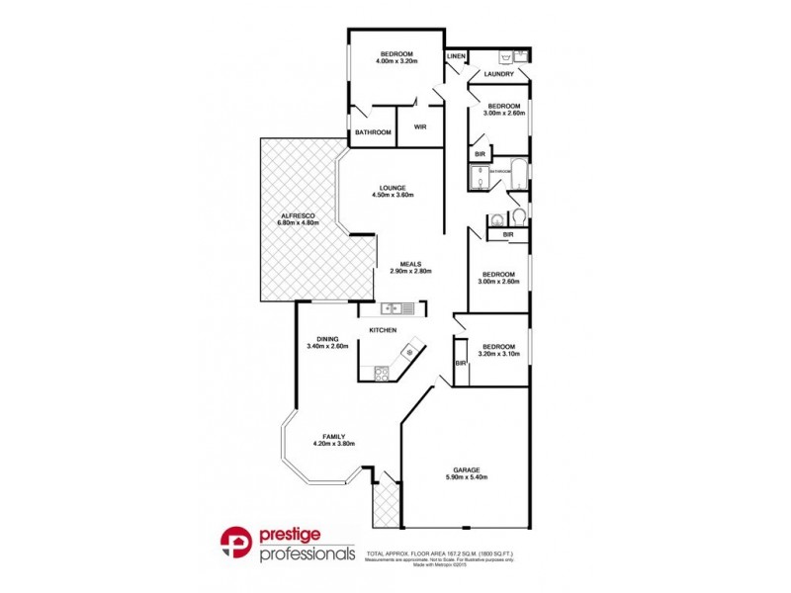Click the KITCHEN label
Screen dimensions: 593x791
pos(383,329)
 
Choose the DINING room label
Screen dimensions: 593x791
pos(327,338)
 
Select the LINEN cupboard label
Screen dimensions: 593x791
pos(456,57)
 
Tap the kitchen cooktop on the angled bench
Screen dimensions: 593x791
pos(383,373)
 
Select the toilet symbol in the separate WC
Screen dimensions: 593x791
pos(517,216)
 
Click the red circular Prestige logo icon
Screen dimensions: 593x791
pos(238,545)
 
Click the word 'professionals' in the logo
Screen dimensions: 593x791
pos(308,554)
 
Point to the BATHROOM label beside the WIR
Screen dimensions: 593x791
pos(373,132)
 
